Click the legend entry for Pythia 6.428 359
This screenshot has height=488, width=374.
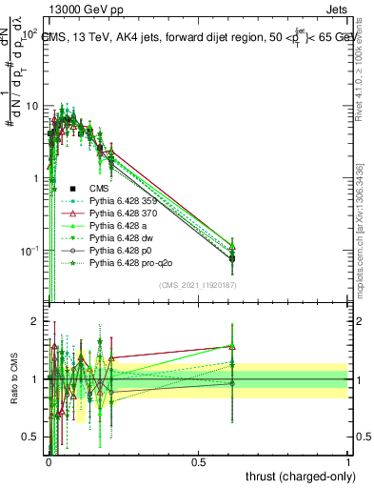(x=121, y=201)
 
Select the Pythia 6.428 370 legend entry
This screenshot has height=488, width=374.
(x=121, y=213)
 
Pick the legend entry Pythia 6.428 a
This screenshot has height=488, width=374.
(x=118, y=226)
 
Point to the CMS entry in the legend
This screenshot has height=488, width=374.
(x=101, y=189)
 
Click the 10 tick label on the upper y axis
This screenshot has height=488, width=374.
(x=30, y=106)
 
